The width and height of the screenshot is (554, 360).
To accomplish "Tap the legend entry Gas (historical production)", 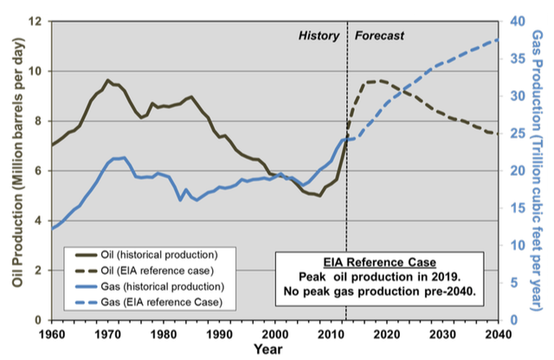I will [159, 286].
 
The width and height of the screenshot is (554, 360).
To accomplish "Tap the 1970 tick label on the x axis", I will [107, 333].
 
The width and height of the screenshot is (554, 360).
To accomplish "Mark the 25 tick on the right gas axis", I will [514, 133].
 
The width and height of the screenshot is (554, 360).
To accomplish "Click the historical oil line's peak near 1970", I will [108, 80].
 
